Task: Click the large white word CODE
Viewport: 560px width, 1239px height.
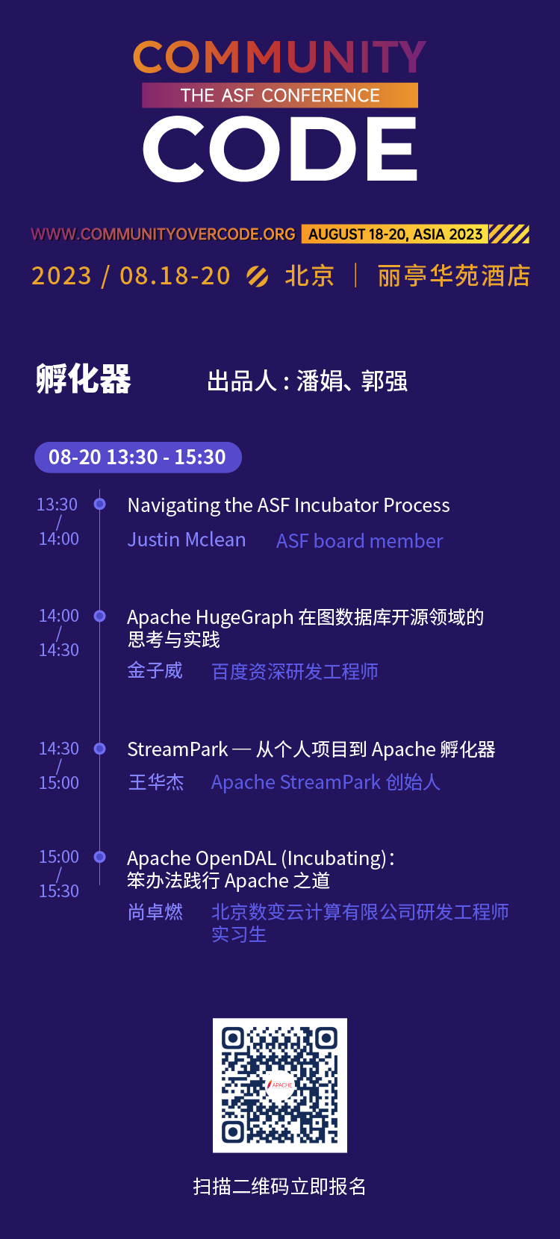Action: tap(280, 149)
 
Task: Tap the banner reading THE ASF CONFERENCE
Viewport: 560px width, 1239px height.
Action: tap(280, 95)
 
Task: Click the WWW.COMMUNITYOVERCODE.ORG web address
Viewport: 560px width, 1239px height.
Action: tap(164, 234)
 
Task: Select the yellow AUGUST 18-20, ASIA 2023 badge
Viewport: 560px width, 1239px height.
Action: tap(395, 234)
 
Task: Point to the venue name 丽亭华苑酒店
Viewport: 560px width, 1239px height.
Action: tap(454, 275)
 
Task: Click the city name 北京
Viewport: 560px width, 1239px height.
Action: tap(309, 275)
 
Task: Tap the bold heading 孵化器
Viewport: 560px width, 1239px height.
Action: tap(84, 379)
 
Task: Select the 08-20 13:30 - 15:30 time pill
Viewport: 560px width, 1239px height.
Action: tap(138, 457)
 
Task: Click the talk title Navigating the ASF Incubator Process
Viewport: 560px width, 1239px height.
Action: tap(288, 505)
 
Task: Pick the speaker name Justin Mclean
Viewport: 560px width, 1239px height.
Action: tap(187, 540)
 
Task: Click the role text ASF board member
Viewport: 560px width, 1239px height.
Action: tap(360, 541)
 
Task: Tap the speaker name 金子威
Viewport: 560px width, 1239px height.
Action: tap(155, 670)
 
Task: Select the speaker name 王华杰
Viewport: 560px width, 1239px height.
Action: tap(156, 782)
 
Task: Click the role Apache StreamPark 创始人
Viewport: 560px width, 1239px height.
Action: tap(326, 782)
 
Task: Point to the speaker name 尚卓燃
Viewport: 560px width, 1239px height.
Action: tap(155, 911)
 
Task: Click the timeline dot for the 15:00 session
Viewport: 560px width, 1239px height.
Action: tap(99, 857)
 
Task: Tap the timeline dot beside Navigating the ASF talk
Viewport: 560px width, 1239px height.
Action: tap(99, 504)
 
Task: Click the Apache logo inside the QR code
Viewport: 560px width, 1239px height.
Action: tap(280, 1084)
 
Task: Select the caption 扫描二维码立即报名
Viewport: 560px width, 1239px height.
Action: tap(279, 1186)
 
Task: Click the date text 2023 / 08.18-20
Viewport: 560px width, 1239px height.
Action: tap(131, 275)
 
